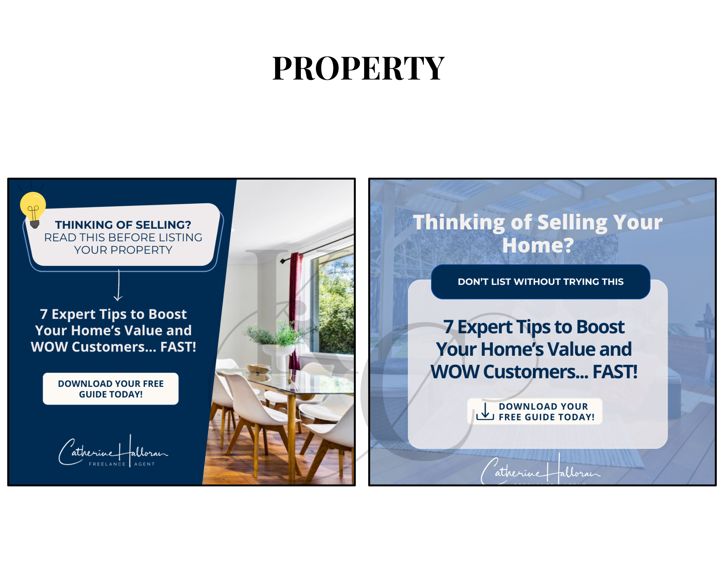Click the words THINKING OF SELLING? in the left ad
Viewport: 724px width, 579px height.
click(x=123, y=225)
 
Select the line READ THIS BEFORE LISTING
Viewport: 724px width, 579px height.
click(x=123, y=237)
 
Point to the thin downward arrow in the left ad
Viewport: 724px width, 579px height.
click(x=118, y=285)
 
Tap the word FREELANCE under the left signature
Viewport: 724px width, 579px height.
click(x=107, y=464)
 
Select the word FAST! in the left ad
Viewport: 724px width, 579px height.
click(x=178, y=347)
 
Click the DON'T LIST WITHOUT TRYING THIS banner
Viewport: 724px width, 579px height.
click(x=540, y=282)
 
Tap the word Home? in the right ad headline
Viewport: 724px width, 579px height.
click(x=538, y=245)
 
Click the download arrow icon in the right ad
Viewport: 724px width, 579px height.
click(x=485, y=411)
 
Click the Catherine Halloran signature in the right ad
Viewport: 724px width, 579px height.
click(x=540, y=469)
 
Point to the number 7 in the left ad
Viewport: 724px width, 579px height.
click(x=44, y=314)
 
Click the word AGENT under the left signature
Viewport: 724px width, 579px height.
click(x=144, y=464)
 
